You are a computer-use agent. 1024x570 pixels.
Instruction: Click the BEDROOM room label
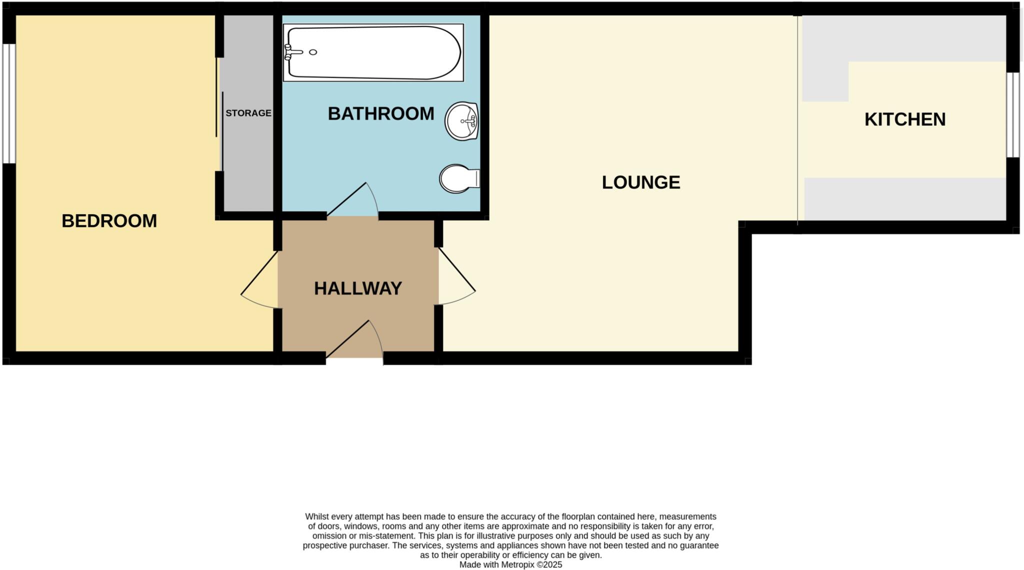pyautogui.click(x=109, y=221)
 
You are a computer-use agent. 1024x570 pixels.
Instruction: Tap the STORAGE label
pyautogui.click(x=248, y=113)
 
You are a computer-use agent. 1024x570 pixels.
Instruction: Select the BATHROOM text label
pyautogui.click(x=380, y=114)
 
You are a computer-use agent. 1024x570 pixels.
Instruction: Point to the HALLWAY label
pyautogui.click(x=357, y=288)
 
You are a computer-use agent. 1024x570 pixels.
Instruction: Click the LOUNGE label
pyautogui.click(x=640, y=182)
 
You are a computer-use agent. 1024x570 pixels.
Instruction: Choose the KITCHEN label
pyautogui.click(x=904, y=120)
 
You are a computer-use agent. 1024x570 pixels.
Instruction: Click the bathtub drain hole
pyautogui.click(x=313, y=52)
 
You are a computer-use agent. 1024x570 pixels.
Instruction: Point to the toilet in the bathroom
pyautogui.click(x=458, y=179)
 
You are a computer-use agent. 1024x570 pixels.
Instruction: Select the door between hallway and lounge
pyautogui.click(x=456, y=280)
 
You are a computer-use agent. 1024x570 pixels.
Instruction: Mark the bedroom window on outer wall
pyautogui.click(x=8, y=104)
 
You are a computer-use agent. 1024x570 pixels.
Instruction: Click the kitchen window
pyautogui.click(x=1012, y=115)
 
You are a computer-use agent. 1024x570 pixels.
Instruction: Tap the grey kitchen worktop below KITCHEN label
pyautogui.click(x=904, y=199)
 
